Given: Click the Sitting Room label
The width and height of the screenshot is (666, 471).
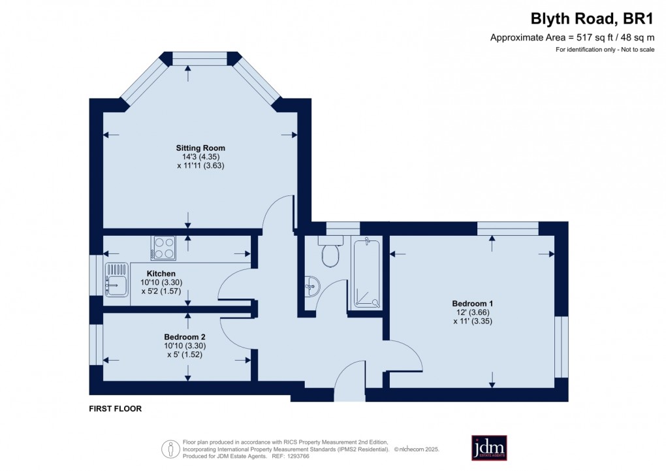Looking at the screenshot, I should [x=200, y=148].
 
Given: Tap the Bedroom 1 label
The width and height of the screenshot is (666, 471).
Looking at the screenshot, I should [x=472, y=303].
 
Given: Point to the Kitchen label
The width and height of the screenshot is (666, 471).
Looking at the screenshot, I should [x=161, y=273].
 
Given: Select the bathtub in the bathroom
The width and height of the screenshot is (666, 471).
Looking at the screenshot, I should [x=366, y=273].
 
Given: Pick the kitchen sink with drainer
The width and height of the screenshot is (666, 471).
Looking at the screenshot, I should [x=116, y=279].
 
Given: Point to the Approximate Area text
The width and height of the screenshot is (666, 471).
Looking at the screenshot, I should [x=572, y=38].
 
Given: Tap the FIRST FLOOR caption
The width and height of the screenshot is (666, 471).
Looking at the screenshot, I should [x=115, y=409].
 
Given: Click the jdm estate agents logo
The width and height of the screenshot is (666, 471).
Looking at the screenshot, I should [x=489, y=447].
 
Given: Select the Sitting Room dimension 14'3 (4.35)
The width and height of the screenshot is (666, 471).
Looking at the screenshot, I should [x=200, y=157].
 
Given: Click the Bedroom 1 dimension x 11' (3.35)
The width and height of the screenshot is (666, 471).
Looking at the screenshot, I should [x=472, y=321].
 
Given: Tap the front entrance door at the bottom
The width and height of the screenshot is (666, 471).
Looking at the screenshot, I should [x=349, y=390].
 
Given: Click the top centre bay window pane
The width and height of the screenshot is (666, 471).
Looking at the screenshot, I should [x=200, y=59].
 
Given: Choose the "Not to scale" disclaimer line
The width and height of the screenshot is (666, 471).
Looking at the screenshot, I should [x=605, y=50].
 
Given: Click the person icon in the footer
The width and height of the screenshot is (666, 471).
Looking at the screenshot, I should [x=170, y=448].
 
